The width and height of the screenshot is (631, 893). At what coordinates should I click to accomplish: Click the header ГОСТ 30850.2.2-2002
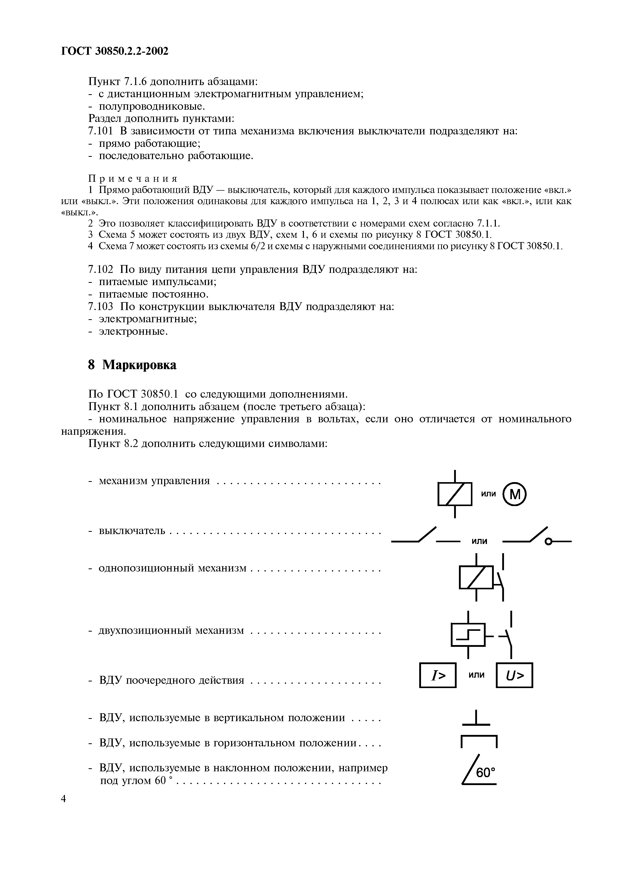point(115,51)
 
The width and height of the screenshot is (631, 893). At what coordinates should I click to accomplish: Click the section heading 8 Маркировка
point(132,365)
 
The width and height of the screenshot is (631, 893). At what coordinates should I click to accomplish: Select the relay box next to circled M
point(455,494)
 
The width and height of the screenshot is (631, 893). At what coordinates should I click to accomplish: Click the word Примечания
point(133,179)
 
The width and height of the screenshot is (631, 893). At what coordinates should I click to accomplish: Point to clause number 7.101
point(101,131)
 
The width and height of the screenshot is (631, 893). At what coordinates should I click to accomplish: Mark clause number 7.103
point(101,306)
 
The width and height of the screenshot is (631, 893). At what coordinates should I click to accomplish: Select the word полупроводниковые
point(152,106)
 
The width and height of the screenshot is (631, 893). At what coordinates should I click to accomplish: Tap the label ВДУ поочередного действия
point(172,680)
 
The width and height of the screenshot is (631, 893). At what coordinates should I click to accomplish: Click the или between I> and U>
point(476,674)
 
